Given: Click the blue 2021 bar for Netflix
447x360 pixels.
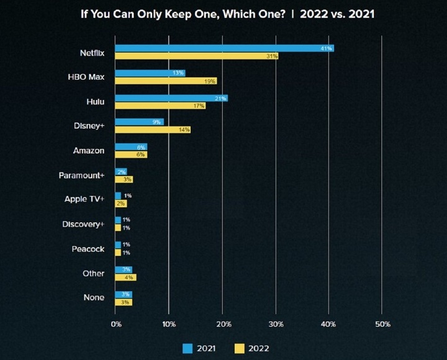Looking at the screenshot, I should [x=223, y=48].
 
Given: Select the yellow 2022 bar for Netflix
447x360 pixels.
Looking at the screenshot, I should [x=197, y=56].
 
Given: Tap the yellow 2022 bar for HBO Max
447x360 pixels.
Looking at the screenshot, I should [x=166, y=81].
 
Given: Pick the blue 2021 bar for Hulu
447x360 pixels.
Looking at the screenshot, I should [x=171, y=97].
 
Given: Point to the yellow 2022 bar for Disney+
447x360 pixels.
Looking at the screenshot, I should [x=153, y=130].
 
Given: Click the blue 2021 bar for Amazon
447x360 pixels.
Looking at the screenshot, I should [x=131, y=146].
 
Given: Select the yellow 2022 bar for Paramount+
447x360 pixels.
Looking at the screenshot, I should [x=124, y=179].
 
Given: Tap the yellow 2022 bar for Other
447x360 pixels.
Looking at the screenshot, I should [x=125, y=277].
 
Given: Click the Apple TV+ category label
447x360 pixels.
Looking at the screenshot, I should [x=84, y=199].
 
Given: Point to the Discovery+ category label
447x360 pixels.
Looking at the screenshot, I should [x=83, y=224].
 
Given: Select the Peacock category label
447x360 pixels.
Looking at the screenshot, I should [x=88, y=249].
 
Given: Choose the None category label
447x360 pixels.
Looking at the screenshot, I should [x=94, y=298].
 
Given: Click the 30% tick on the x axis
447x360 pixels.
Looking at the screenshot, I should [x=276, y=324].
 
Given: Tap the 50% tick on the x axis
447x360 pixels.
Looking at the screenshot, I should [x=382, y=324].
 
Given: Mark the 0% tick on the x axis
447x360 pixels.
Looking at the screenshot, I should [x=116, y=324].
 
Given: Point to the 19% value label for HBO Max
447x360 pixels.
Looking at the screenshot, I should [x=209, y=81].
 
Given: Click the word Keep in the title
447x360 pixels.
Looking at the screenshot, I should [x=180, y=13].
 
